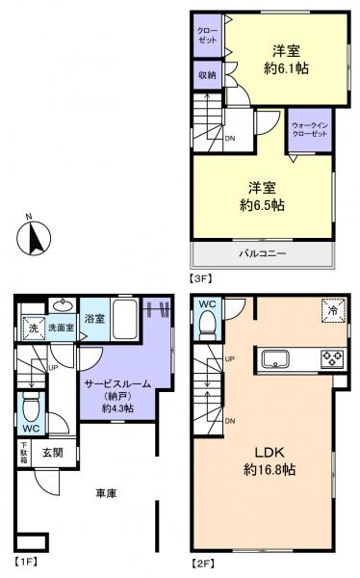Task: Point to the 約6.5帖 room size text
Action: (x=263, y=203)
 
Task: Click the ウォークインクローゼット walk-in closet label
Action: (x=309, y=129)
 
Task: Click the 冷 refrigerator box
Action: (x=331, y=310)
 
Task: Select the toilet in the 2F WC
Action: (x=207, y=327)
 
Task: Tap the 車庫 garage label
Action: (x=106, y=493)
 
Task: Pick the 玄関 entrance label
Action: (x=52, y=451)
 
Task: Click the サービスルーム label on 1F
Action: (x=116, y=383)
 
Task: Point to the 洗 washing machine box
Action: (x=32, y=328)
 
